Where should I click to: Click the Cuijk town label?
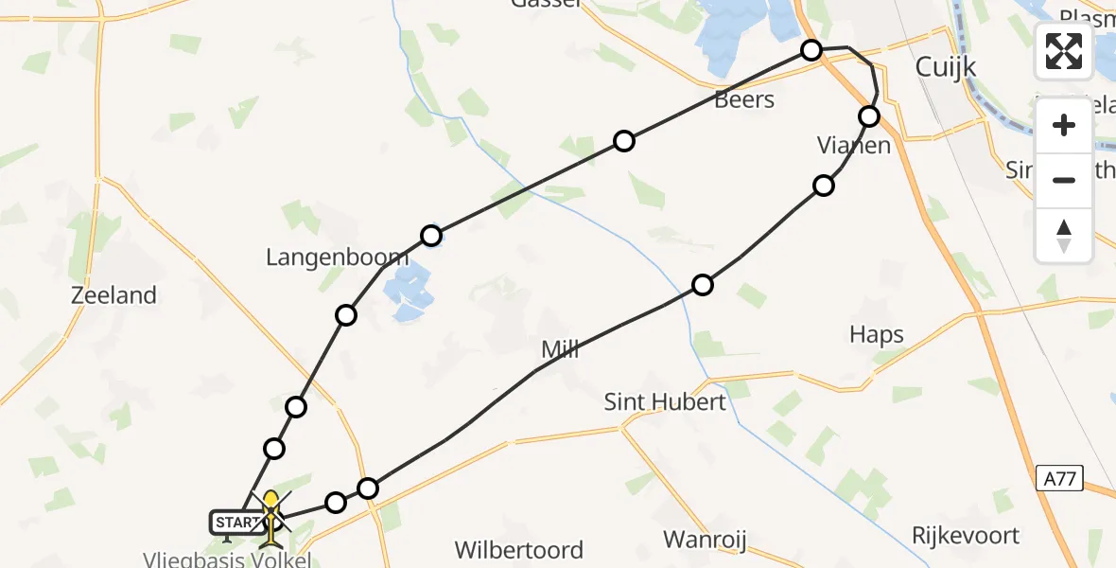point(947,67)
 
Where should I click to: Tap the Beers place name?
point(744,99)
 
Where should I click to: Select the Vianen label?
point(854,146)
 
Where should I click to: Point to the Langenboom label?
point(323,257)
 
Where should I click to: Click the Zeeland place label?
point(113,295)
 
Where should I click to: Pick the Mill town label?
point(560,350)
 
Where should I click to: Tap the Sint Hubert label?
point(665,402)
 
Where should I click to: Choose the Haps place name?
point(876,334)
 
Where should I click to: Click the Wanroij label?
point(705,541)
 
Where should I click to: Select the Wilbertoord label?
point(518,550)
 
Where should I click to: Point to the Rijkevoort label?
point(966,536)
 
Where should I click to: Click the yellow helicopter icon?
point(271,516)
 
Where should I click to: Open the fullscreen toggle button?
point(1064,51)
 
